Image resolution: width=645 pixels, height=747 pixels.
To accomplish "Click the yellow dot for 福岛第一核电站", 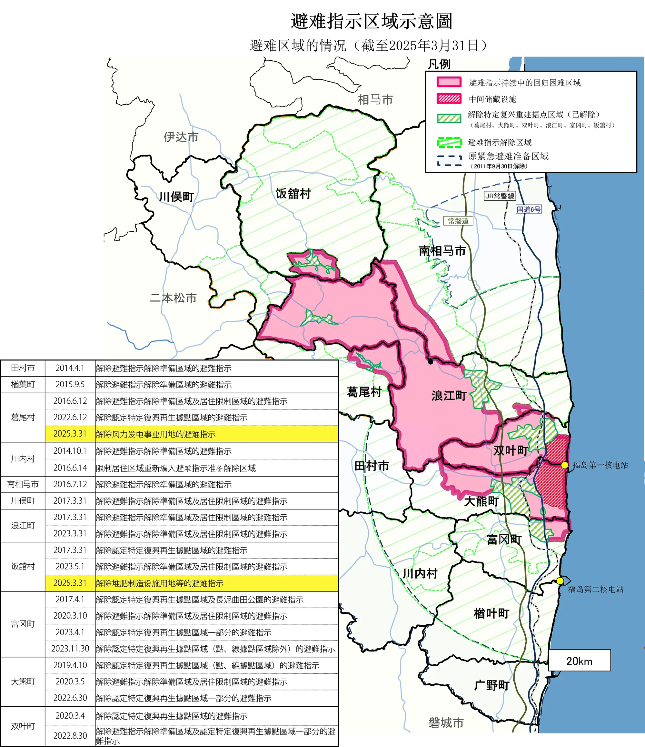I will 565,465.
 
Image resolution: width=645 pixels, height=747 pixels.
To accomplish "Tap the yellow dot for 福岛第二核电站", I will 560,580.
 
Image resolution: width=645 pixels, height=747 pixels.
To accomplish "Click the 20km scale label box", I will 580,661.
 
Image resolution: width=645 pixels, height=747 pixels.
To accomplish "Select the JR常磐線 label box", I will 500,196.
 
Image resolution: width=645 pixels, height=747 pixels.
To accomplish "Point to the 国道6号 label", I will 529,209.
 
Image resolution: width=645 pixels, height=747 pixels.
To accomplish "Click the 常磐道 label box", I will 458,221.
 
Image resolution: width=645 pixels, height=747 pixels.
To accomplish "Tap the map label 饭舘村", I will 293,194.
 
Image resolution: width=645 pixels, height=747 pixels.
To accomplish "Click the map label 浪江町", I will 449,396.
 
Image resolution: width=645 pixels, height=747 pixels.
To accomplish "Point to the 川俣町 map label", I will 176,197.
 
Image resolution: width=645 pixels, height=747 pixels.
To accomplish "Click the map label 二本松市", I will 173,298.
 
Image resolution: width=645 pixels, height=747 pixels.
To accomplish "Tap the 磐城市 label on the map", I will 446,722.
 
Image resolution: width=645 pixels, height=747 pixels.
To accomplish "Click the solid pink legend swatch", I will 449,82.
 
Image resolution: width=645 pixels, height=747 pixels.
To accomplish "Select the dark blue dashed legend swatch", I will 449,160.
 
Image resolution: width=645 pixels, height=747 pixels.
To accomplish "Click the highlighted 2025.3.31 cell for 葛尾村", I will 70,434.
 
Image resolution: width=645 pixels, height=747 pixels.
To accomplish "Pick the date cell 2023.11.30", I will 70,649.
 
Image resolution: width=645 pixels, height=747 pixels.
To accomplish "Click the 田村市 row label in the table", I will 23,368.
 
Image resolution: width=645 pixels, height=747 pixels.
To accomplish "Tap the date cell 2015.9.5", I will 70,384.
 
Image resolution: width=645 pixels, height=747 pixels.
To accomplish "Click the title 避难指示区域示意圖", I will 372,21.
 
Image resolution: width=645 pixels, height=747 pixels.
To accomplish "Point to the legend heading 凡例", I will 439,65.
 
